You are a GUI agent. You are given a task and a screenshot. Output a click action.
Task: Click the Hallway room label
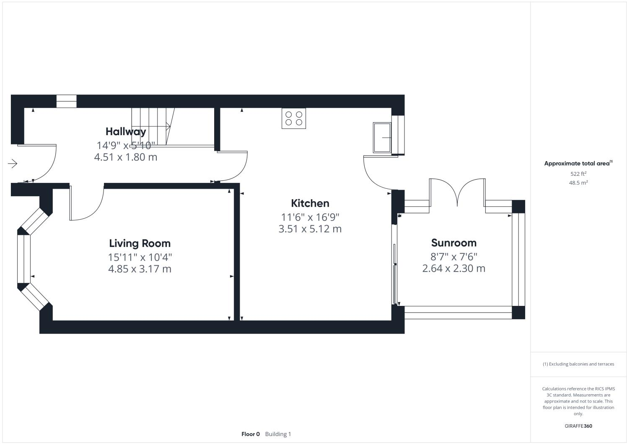point(126,131)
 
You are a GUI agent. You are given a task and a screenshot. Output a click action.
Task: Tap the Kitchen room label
point(310,203)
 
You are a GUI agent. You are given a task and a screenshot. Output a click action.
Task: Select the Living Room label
point(140,243)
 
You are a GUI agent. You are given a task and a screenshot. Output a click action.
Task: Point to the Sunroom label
point(453,243)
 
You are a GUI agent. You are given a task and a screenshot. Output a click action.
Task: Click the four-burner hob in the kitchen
point(293,118)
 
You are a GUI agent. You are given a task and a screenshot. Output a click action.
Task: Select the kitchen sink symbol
point(382,137)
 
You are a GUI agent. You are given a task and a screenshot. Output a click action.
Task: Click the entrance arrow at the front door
point(13,164)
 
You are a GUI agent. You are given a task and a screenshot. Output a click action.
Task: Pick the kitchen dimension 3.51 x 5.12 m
point(310,229)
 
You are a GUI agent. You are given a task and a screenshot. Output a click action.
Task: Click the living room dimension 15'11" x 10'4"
point(140,257)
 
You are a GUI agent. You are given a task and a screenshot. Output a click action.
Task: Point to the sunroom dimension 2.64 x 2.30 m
point(453,268)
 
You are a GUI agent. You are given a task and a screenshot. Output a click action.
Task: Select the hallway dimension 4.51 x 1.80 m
point(126,157)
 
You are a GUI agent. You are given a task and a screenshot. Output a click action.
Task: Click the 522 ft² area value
point(578,174)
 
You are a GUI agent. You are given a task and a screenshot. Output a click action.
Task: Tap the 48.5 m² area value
point(578,183)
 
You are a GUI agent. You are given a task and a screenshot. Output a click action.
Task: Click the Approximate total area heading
point(578,164)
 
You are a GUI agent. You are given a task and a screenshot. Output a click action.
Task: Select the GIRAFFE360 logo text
point(578,426)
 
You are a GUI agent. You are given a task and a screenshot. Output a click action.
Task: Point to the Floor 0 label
point(251,434)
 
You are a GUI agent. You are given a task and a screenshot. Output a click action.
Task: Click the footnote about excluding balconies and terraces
point(578,364)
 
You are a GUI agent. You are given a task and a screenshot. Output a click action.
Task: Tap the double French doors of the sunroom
point(457,192)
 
